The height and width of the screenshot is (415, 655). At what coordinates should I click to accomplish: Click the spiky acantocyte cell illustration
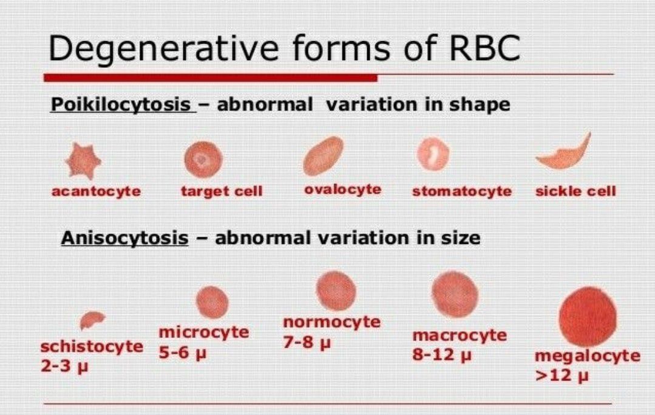(x=83, y=161)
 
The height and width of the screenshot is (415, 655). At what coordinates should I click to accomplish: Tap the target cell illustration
(x=203, y=160)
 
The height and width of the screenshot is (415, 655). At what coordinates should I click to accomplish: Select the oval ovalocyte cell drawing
(x=323, y=156)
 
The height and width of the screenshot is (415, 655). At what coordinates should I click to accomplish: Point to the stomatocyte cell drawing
(x=433, y=154)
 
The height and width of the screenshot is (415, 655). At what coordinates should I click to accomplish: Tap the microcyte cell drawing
(x=212, y=302)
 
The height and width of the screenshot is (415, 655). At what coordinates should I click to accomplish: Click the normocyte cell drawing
(x=336, y=291)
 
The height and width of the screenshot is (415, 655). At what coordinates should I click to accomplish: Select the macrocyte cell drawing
(x=455, y=294)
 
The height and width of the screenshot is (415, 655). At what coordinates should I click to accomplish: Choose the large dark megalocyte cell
(x=588, y=317)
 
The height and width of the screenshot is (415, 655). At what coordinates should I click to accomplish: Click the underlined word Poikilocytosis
(x=121, y=104)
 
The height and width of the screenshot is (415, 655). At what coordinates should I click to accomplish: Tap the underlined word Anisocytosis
(x=124, y=238)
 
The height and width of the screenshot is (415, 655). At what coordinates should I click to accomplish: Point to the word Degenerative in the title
(x=163, y=49)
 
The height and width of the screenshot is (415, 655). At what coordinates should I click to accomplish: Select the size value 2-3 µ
(x=64, y=366)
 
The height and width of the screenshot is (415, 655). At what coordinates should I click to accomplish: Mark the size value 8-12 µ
(x=442, y=355)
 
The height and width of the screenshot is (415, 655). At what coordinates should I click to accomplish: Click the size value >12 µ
(x=562, y=376)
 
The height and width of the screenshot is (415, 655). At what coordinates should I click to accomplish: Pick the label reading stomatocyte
(x=461, y=191)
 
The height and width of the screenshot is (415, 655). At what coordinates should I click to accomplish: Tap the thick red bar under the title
(x=211, y=78)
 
